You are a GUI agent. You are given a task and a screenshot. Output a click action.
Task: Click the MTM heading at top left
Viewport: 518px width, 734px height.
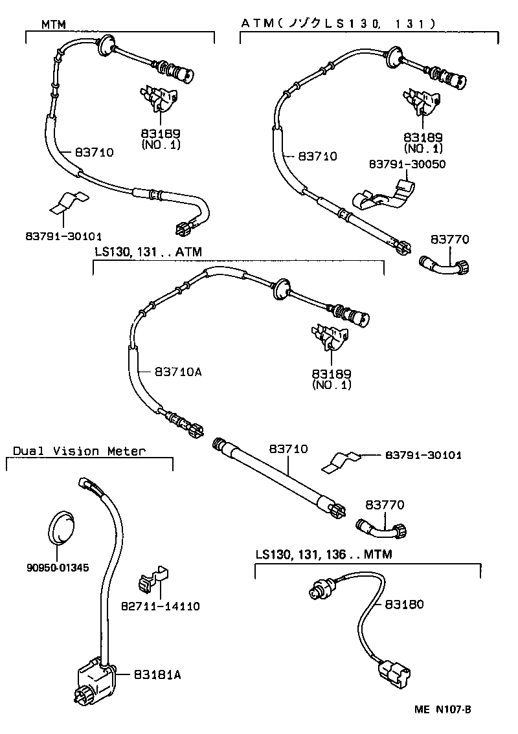[54, 24]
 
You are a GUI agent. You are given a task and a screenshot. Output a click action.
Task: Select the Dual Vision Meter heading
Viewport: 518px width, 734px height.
[79, 451]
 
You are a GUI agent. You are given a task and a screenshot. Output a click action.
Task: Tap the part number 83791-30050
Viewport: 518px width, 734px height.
[407, 164]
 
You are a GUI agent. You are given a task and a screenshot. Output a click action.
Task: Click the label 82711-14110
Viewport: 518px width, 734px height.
[160, 606]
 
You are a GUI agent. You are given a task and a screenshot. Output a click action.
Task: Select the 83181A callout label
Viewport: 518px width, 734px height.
[157, 674]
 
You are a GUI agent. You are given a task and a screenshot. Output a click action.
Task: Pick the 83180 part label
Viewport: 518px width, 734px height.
[404, 604]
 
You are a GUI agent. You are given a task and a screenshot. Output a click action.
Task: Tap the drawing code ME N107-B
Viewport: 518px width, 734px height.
[443, 709]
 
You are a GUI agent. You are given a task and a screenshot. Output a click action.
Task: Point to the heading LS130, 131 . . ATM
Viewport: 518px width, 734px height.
[148, 250]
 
